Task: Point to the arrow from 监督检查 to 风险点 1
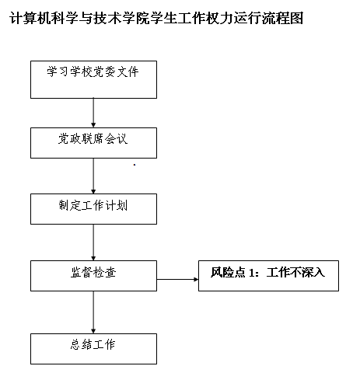pos(177,279)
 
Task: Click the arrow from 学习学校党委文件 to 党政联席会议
pos(93,113)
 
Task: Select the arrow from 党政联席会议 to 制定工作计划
pos(93,176)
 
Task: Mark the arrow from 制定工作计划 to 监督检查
pos(93,242)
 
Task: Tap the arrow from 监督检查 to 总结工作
pos(93,312)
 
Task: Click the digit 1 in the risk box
pos(251,273)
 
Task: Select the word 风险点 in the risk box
pos(228,273)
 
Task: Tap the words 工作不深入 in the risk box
pos(295,273)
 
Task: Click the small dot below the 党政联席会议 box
pos(135,165)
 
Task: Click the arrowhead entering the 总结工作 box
pos(93,331)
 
